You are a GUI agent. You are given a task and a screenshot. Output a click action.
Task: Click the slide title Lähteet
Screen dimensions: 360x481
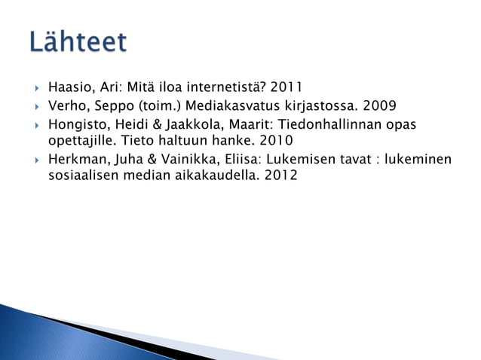78,42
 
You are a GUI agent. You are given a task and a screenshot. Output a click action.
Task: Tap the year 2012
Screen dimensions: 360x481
280,176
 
